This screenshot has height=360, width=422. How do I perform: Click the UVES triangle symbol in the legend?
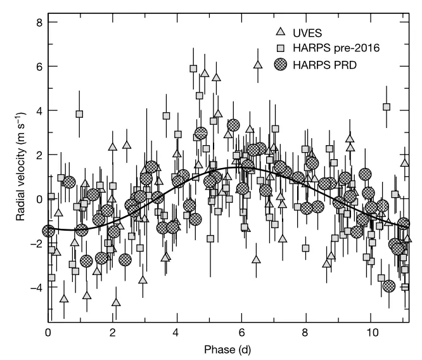point(281,32)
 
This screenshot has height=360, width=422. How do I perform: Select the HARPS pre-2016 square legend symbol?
point(281,48)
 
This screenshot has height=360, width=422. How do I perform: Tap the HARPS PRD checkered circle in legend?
point(281,65)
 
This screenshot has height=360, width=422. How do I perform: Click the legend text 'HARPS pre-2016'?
point(336,48)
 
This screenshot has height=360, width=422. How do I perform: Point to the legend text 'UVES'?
point(307,33)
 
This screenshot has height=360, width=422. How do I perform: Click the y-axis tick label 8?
point(39,22)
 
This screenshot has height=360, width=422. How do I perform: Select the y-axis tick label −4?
point(37,288)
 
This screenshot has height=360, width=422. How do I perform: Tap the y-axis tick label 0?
point(39,200)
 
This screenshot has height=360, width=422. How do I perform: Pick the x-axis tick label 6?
point(241,333)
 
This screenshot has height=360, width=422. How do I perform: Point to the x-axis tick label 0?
point(48,333)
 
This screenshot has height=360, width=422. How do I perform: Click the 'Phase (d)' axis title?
point(227,349)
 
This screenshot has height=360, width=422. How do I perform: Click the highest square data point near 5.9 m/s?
point(193,68)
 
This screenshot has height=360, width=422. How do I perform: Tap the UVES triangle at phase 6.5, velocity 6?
point(258,65)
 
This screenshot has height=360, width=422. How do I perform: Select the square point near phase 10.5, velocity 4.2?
point(387,107)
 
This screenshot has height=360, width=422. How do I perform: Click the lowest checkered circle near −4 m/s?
point(389,286)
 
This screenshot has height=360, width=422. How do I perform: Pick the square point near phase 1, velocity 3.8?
point(79,114)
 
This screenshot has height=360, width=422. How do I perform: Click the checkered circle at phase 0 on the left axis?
point(48,231)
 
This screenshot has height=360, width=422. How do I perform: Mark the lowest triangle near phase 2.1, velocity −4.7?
point(116,302)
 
